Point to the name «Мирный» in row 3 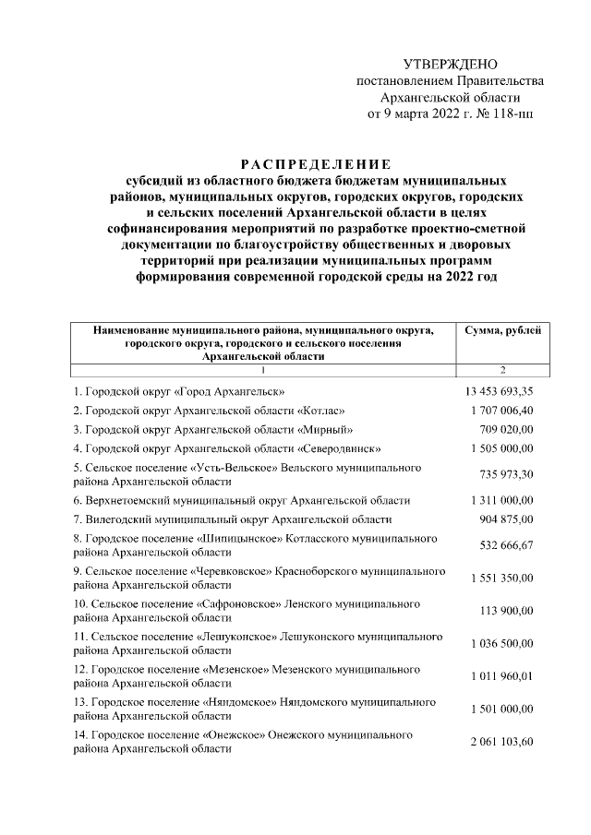pyautogui.click(x=325, y=429)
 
